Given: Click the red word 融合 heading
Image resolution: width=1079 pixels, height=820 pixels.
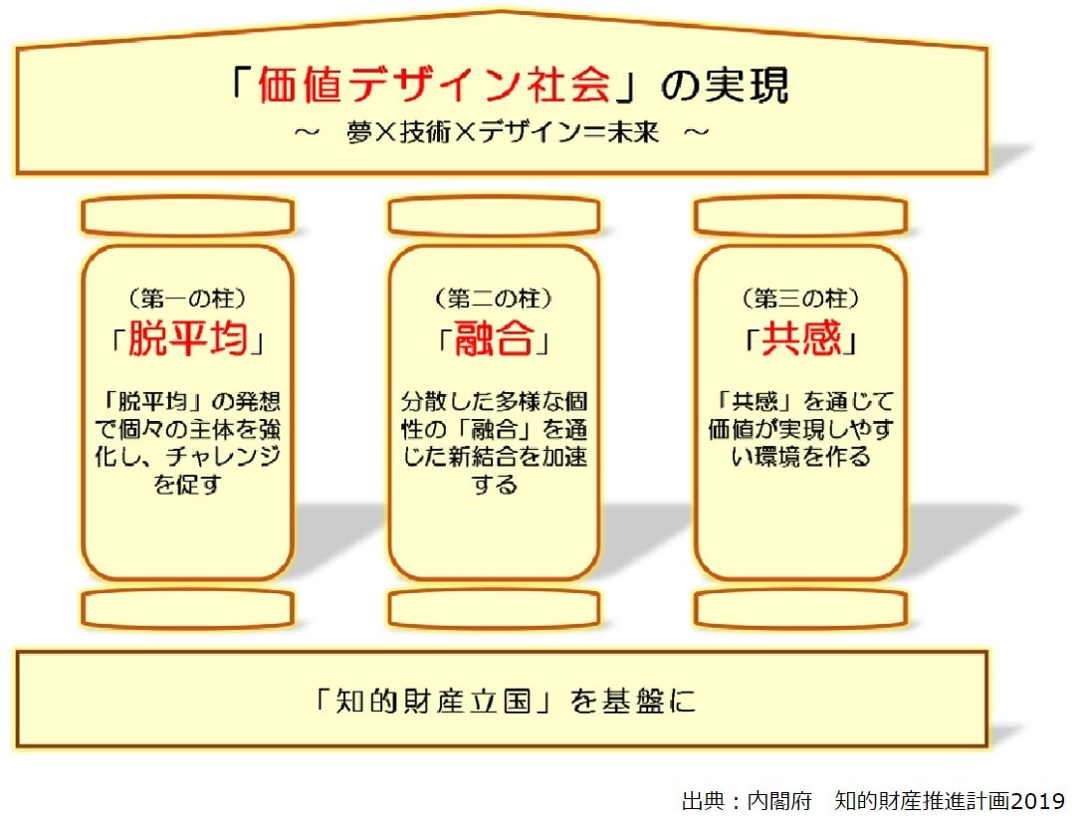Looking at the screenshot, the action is click(x=494, y=341).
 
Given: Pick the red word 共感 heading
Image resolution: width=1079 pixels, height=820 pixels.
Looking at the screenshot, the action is click(x=800, y=341).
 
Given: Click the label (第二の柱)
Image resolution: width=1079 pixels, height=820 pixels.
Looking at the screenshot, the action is click(x=494, y=298).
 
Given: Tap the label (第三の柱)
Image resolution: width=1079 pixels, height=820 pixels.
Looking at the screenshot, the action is click(x=800, y=298).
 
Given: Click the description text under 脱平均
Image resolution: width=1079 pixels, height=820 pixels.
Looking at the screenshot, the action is click(x=188, y=443).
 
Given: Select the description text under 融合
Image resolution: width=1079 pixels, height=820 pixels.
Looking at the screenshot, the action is click(x=494, y=443).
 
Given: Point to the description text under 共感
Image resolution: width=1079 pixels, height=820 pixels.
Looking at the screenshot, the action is click(x=800, y=429).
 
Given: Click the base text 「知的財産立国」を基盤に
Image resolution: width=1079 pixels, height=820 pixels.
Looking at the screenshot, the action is click(x=501, y=701).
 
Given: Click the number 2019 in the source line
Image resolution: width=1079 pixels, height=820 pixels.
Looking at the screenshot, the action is click(x=1035, y=800).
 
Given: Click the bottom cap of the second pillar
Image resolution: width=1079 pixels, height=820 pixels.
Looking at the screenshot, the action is click(x=494, y=608).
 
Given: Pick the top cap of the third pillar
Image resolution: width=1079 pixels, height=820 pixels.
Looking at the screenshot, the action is click(x=800, y=215).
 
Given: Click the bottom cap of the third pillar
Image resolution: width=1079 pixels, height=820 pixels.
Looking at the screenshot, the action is click(x=800, y=608).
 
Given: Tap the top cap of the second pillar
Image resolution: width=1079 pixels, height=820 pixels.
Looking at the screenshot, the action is click(x=494, y=215).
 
